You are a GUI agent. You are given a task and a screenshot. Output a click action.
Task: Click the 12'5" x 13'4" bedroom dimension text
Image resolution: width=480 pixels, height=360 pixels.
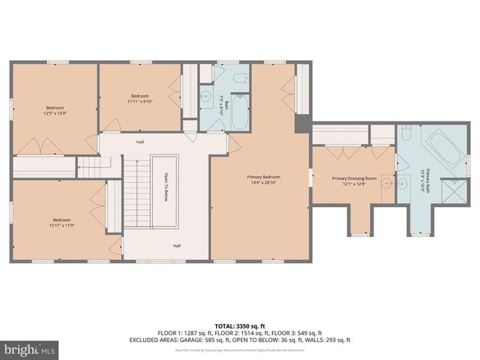(55, 113)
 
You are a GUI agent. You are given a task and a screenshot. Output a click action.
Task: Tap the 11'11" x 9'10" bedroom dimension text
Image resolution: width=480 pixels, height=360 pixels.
(140, 103)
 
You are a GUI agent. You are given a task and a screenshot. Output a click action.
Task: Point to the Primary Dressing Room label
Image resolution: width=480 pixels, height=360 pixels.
(352, 178)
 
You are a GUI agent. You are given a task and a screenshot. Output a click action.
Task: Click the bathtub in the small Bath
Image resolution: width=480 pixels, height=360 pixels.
(240, 112)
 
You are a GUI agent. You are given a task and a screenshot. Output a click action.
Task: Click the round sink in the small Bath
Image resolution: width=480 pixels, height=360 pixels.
(206, 95)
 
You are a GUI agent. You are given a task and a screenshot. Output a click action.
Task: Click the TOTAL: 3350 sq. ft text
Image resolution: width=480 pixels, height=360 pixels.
(240, 324)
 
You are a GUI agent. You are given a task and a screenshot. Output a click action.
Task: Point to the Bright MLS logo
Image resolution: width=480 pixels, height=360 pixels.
(29, 349)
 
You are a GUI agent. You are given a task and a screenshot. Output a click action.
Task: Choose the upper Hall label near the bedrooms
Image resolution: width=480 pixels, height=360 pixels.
(140, 142)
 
